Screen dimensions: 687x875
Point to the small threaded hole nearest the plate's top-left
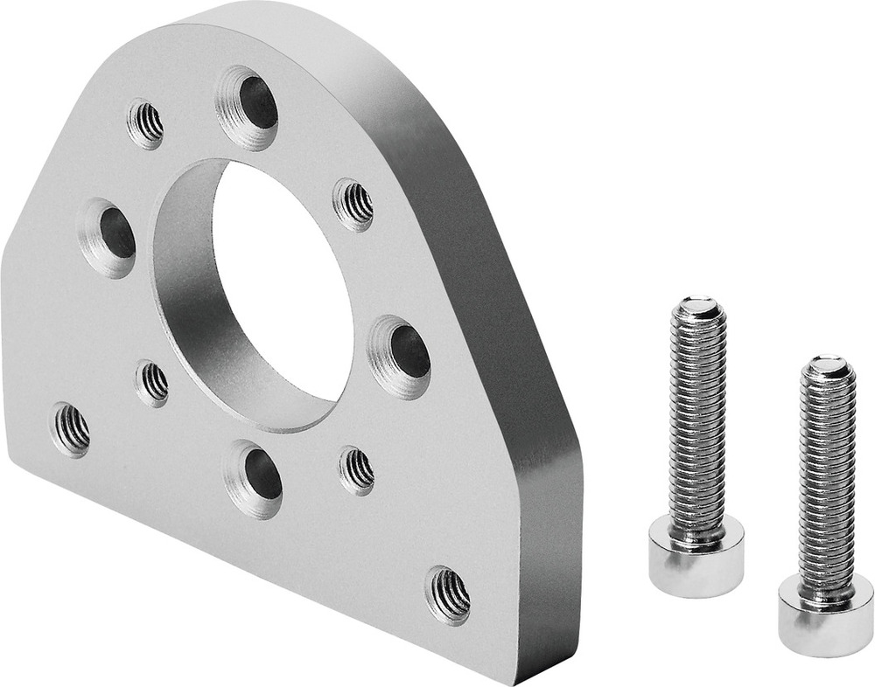click(146, 124)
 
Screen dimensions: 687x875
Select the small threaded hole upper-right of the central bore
click(353, 205)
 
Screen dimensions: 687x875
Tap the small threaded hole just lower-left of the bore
click(153, 383)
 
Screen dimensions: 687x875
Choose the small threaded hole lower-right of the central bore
click(356, 470)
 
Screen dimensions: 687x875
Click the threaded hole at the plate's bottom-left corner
click(71, 428)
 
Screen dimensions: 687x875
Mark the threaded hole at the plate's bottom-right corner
click(448, 594)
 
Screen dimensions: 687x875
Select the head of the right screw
click(825, 617)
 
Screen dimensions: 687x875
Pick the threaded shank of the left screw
click(697, 420)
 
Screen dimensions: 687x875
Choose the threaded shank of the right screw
click(827, 481)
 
